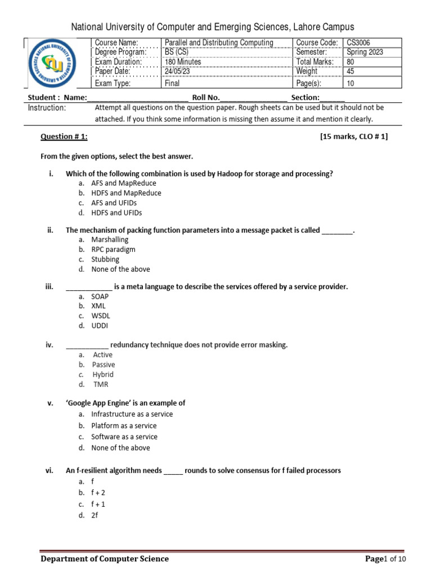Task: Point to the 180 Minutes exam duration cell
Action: tap(183, 62)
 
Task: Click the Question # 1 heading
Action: tap(64, 137)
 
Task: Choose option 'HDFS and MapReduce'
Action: tap(126, 193)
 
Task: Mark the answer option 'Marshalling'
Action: tap(110, 240)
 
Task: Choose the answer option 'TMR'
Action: tap(101, 385)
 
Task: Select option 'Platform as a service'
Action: tap(124, 426)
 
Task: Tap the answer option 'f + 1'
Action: tap(98, 504)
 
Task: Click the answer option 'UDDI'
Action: tap(100, 326)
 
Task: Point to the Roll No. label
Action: tap(206, 97)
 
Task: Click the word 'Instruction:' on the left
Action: tap(47, 107)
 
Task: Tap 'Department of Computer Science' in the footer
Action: tap(105, 559)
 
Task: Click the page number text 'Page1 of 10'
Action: tap(385, 559)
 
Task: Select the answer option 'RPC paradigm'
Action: tap(113, 249)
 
